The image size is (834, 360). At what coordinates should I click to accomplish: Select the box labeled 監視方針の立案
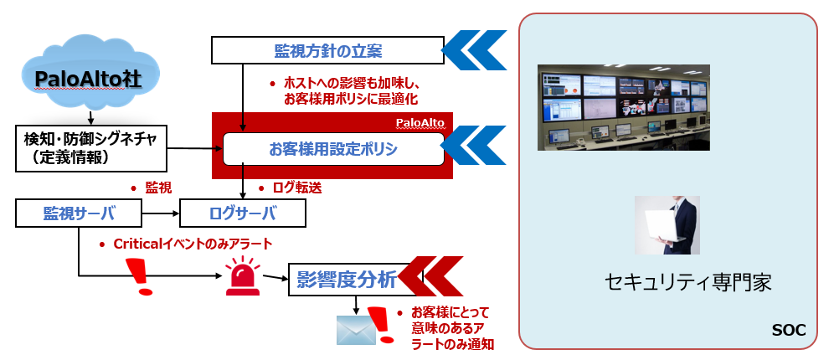[x=327, y=50]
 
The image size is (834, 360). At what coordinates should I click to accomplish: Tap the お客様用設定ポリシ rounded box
[x=332, y=150]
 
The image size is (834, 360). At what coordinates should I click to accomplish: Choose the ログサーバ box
[x=243, y=213]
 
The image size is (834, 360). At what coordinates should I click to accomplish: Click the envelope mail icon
[x=352, y=330]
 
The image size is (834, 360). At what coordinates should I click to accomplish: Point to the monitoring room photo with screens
[x=623, y=107]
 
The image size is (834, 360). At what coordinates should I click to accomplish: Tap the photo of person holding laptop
[x=667, y=225]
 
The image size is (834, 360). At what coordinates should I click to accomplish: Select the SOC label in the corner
[x=787, y=332]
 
